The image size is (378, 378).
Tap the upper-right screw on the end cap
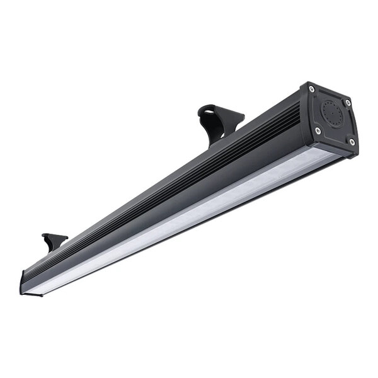click(347, 103)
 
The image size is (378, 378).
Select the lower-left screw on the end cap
click(318, 130)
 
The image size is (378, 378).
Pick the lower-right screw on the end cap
click(351, 142)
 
